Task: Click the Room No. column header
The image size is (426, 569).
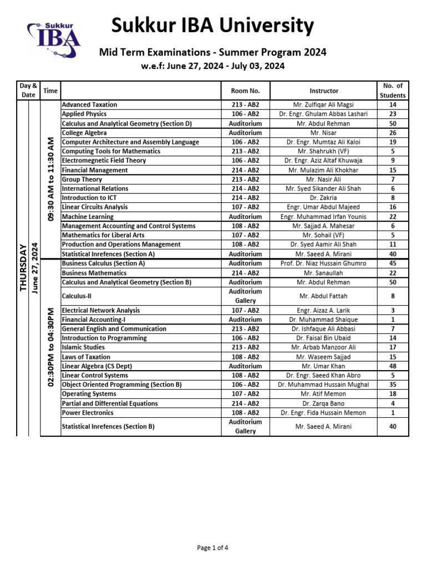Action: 245,91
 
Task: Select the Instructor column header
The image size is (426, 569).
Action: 324,91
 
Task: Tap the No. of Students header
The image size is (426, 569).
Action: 393,91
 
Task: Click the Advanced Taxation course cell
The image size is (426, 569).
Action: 89,104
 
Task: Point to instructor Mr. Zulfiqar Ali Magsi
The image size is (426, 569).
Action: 324,104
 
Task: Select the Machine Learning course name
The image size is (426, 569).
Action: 88,217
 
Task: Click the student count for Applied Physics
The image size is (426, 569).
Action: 393,114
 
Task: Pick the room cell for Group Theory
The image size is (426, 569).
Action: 245,179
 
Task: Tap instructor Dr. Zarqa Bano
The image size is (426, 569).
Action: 324,403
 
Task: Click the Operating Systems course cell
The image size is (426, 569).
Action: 89,394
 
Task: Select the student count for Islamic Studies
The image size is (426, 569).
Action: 393,347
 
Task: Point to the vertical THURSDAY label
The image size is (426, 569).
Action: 23,267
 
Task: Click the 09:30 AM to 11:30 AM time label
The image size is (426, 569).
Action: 50,179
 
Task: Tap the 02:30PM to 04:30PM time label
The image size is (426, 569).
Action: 50,347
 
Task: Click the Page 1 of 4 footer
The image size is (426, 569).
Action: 212,548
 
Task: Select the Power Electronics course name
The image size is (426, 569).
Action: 88,413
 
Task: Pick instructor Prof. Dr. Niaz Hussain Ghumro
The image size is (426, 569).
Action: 324,263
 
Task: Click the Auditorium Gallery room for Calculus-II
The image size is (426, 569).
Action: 245,296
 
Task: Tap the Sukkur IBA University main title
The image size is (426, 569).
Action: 212,26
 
